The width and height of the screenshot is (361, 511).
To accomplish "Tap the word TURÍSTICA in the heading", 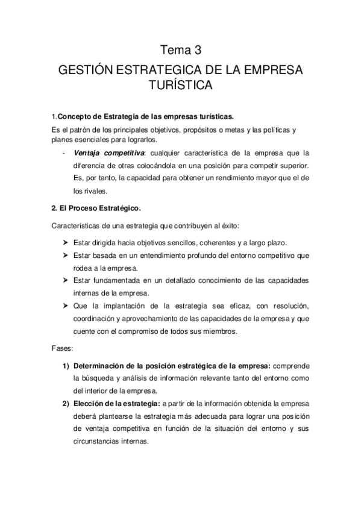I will click(181, 86).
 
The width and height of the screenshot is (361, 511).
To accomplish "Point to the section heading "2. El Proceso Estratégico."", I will click(96, 208).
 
